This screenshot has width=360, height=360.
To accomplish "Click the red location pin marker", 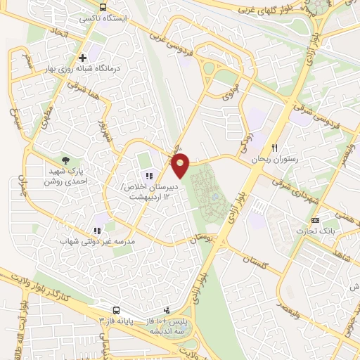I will tap(181, 165).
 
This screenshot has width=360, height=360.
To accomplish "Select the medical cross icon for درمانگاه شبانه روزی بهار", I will tap(83, 58).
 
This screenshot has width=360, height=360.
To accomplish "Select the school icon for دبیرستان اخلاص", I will tap(148, 175).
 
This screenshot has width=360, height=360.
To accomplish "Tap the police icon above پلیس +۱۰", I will tap(167, 309).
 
